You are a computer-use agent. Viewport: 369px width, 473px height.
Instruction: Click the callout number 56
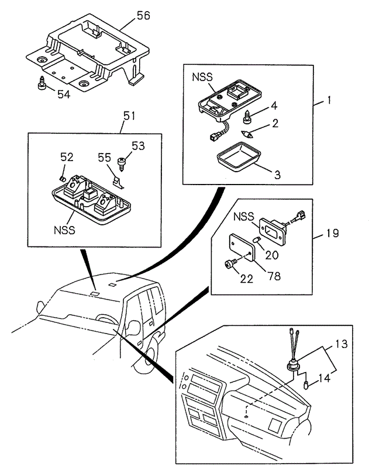click(x=143, y=16)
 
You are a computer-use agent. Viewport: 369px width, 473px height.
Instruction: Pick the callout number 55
click(x=105, y=157)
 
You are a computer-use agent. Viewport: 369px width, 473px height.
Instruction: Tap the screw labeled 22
click(x=230, y=265)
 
